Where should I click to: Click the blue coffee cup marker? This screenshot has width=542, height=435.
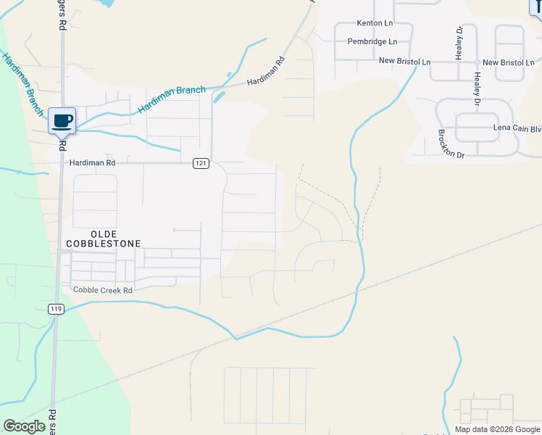[x=62, y=120]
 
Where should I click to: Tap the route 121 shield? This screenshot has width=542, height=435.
[x=201, y=164]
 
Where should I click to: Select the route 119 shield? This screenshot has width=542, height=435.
[x=57, y=309]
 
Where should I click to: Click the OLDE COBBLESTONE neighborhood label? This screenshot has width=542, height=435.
[x=103, y=239]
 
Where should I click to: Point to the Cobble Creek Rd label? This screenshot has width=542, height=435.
[x=102, y=290]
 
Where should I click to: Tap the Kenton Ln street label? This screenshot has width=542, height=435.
[x=373, y=24]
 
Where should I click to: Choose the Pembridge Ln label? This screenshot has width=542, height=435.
[x=372, y=42]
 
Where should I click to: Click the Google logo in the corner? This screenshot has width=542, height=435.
[x=25, y=426]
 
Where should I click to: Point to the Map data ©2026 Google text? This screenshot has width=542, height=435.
[x=497, y=429]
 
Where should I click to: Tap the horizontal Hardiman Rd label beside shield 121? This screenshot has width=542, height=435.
[x=92, y=164]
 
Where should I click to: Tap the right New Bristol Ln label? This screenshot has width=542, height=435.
[x=514, y=62]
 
